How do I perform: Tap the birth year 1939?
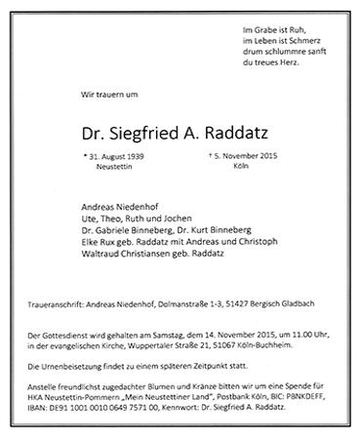137,155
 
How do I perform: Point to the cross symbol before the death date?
213,154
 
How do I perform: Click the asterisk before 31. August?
84,154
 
